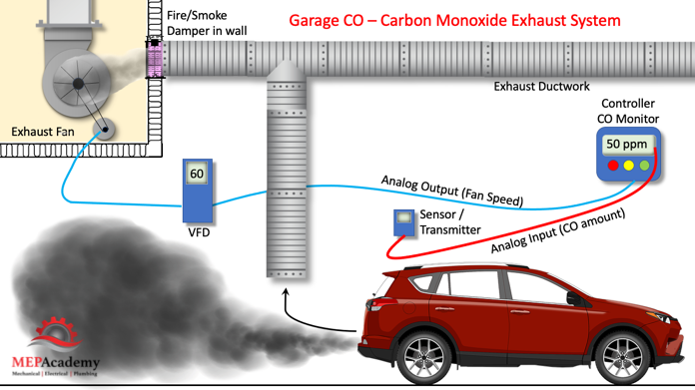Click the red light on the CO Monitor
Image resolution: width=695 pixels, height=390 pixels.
613,166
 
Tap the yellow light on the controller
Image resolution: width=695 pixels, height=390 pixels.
628,166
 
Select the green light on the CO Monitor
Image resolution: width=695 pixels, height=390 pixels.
644,166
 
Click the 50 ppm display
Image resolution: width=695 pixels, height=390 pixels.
627,145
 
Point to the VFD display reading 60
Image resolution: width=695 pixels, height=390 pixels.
197,174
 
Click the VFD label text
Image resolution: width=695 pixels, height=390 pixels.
199,232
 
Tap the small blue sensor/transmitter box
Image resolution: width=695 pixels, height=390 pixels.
403,222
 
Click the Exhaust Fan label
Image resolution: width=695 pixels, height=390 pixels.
43,132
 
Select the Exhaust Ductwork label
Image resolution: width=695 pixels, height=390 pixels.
541,87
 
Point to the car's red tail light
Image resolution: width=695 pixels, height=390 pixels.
375,304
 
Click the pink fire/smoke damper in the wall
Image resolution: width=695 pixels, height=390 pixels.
155,59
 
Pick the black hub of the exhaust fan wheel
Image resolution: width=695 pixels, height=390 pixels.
79,83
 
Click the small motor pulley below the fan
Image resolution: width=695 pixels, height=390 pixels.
105,130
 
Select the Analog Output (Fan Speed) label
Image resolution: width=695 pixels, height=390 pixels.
452,191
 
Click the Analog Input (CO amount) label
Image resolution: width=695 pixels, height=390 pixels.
558,230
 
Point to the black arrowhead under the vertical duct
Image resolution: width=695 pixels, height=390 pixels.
286,291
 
